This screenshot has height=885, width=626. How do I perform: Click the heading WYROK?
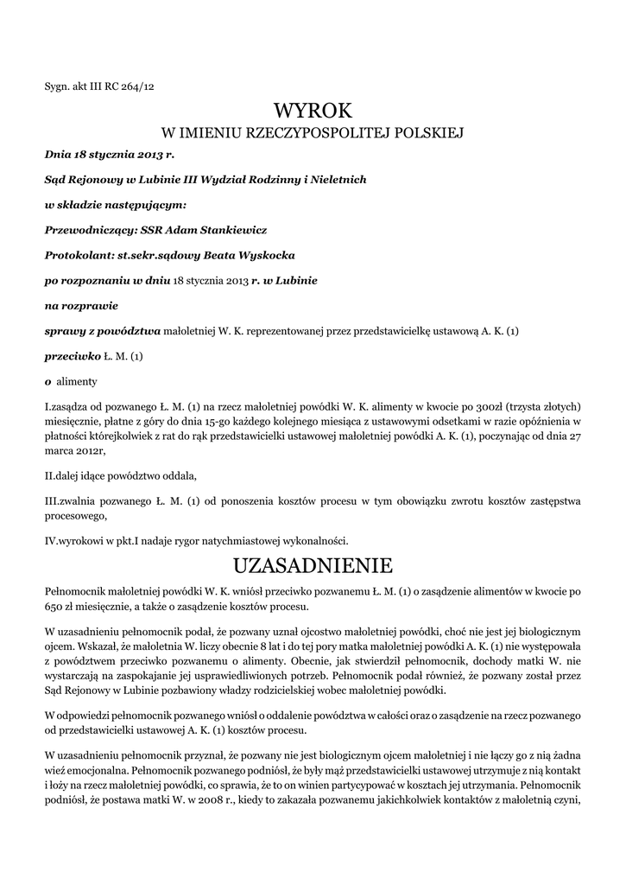pos(313,111)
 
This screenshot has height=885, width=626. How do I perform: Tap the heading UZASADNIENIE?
pos(313,567)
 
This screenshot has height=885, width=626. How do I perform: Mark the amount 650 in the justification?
pos(54,606)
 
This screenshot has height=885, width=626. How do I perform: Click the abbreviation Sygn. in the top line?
pos(58,86)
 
